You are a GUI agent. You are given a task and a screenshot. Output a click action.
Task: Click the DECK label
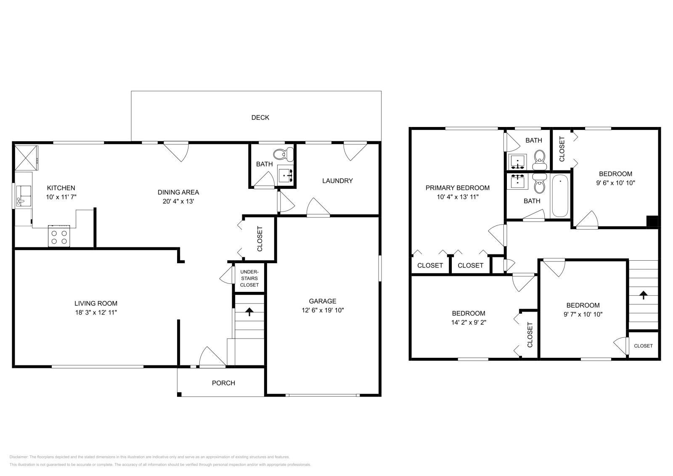point(260,118)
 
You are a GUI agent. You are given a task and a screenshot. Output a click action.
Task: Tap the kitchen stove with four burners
point(59,236)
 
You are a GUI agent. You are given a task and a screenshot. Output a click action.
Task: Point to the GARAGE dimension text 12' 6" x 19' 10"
point(323,310)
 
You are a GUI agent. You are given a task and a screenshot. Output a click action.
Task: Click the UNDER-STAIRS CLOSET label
point(249,278)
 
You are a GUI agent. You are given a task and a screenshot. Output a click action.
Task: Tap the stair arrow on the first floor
point(249,312)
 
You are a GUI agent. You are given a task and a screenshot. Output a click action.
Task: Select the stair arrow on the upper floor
point(643,295)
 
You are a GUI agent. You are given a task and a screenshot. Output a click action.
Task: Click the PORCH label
point(223,383)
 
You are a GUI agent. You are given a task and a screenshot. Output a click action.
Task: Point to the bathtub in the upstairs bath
point(560,196)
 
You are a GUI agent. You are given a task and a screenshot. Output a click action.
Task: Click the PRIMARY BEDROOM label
point(457,188)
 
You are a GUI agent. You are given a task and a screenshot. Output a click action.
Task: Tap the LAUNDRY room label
point(337,181)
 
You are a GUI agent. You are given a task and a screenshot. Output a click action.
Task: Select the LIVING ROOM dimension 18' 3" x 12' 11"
point(96,312)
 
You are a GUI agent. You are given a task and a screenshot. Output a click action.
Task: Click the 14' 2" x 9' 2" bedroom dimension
point(469,323)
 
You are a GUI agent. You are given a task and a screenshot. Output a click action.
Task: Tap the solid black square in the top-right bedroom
point(652,221)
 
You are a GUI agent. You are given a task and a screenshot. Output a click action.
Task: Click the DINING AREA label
point(178,192)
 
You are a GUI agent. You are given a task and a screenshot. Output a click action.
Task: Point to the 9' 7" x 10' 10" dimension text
point(583,314)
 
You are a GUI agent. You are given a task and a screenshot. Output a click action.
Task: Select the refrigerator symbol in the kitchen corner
point(26,157)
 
